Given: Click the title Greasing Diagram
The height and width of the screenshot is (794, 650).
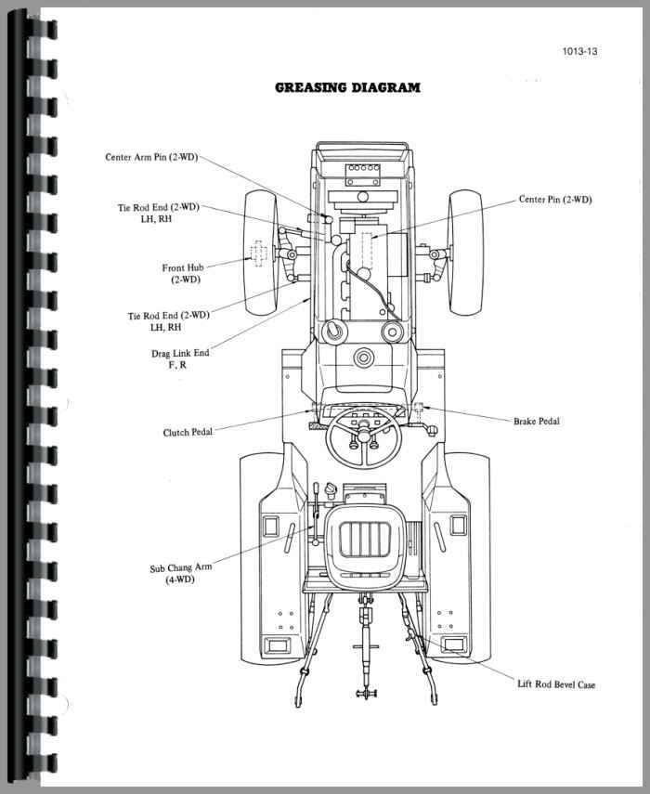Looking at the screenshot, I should click(347, 88).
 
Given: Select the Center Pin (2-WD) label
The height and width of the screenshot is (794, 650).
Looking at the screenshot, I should click(554, 199).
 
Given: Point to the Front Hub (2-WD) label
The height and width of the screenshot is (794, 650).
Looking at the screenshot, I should click(186, 273).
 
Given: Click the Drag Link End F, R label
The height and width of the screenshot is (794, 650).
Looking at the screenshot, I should click(180, 358).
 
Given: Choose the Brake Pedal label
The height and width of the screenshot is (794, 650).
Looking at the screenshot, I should click(537, 421).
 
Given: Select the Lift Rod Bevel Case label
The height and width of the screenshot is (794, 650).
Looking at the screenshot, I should click(556, 684).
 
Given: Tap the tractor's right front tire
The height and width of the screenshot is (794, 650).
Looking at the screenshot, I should click(464, 253).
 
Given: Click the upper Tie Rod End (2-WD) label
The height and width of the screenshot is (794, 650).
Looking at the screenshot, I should click(163, 213).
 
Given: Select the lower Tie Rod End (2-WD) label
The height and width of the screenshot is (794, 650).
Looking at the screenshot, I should click(168, 321).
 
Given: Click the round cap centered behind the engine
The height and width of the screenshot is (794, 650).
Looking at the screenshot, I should click(363, 357).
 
